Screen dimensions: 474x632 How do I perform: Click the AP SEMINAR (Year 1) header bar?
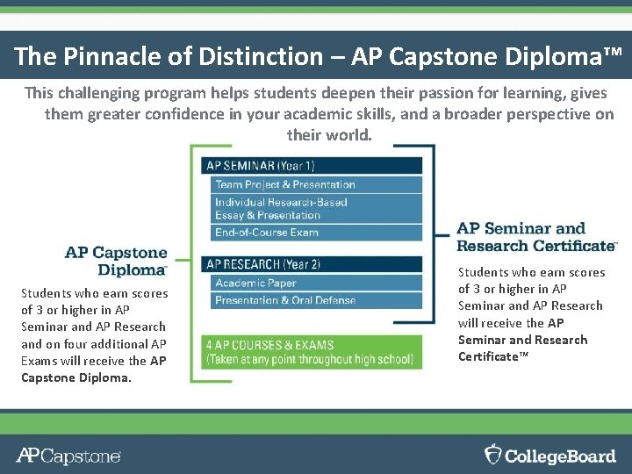pos(312,165)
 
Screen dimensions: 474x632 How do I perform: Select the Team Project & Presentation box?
pos(317,184)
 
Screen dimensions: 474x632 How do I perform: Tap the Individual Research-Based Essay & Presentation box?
pos(317,209)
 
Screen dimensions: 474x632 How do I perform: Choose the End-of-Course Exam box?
pos(317,233)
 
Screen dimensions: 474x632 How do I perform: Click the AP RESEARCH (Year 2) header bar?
pos(312,263)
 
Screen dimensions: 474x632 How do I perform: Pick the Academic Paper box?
pos(317,283)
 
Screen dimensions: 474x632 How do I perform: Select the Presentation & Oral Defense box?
pos(317,300)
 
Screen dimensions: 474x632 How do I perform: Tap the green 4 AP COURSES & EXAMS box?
pos(312,351)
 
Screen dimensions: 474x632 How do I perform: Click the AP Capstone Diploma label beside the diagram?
pos(116,262)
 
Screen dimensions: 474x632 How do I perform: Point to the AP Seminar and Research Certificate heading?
pos(536,237)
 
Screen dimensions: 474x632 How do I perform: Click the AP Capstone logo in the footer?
pos(68,456)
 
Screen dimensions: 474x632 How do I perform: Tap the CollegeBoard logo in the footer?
pos(550,455)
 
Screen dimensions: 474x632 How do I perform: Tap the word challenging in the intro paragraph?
pos(94,92)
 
